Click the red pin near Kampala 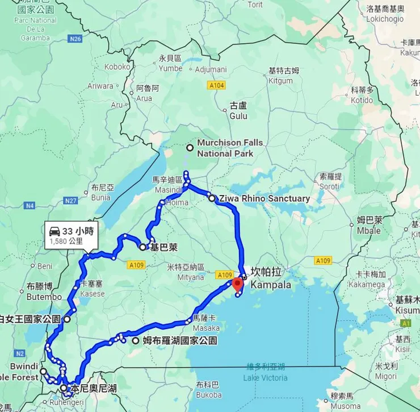[x=238, y=283]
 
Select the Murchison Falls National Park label [x=229, y=148]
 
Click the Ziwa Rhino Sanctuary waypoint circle [x=212, y=199]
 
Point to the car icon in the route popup [x=54, y=231]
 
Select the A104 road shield [x=216, y=85]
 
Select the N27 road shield [x=70, y=201]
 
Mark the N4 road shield [x=30, y=205]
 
